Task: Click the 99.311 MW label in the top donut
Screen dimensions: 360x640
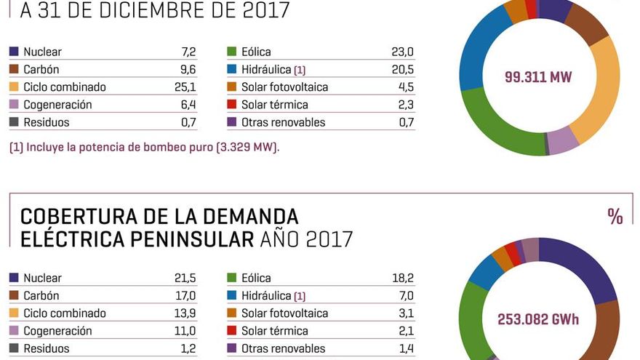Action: click(x=537, y=78)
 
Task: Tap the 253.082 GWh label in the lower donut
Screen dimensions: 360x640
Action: click(x=537, y=319)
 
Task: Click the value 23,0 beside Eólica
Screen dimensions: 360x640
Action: click(x=402, y=52)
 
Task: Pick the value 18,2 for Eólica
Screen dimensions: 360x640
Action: click(x=402, y=278)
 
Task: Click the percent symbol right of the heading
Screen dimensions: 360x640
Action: click(x=615, y=217)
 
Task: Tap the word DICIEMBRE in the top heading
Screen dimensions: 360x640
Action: click(x=145, y=11)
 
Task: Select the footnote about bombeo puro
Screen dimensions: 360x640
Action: click(x=144, y=147)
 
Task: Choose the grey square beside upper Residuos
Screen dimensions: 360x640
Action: click(x=14, y=122)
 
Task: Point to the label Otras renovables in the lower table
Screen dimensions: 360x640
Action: click(x=283, y=348)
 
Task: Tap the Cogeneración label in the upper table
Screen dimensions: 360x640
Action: click(x=57, y=105)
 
